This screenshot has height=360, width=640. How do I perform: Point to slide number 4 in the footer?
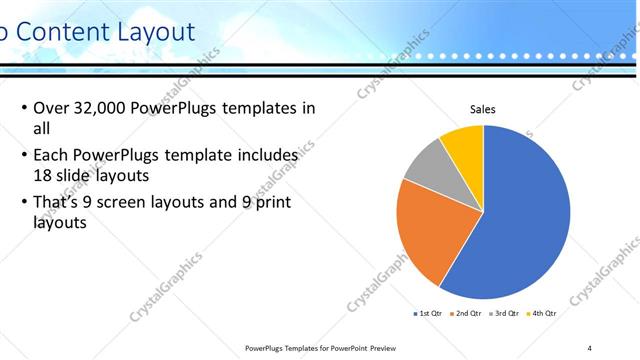590,347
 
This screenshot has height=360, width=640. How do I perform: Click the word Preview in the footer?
391,348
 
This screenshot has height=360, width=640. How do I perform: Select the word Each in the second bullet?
52,157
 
